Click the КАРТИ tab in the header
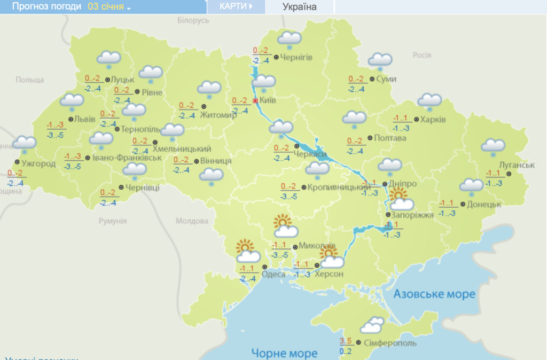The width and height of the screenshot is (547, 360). [x=236, y=6]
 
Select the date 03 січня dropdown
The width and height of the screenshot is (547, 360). [x=109, y=7]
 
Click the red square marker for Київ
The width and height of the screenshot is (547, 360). [x=255, y=100]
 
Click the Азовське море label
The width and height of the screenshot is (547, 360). [x=434, y=294]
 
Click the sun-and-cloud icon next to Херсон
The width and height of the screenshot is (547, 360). [x=331, y=257]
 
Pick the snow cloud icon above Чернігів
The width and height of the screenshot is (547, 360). [x=290, y=39]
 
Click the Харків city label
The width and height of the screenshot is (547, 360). [x=433, y=120]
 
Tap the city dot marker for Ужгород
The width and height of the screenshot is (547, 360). [x=17, y=162]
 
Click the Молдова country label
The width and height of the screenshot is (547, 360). [x=191, y=221]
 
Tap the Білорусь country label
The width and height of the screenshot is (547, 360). [x=192, y=20]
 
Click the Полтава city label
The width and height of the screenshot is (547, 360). [x=390, y=138]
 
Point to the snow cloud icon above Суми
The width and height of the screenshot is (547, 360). [x=380, y=61]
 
